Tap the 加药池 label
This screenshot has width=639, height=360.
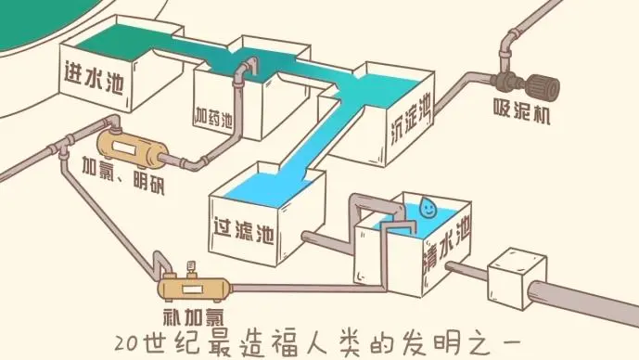click(213, 117)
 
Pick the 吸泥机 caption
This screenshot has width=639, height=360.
click(521, 116)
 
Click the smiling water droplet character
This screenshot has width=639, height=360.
click(428, 206)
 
